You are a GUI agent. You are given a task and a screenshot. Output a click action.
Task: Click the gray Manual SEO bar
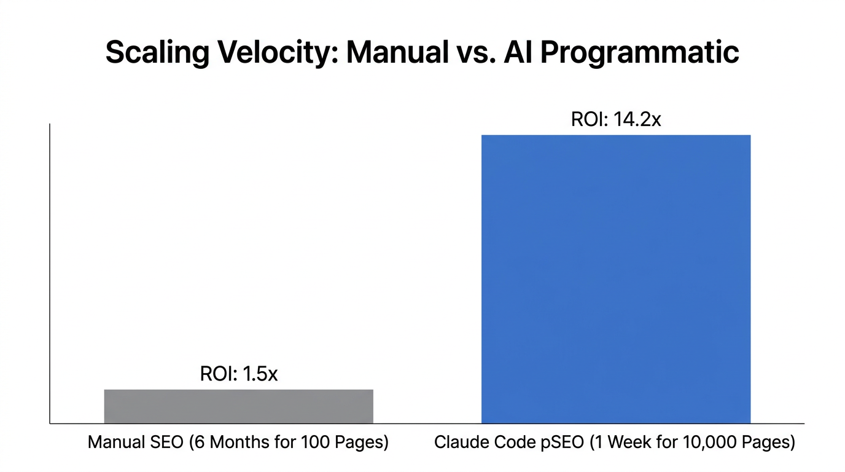238,406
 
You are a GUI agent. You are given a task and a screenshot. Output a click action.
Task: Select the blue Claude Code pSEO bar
615,279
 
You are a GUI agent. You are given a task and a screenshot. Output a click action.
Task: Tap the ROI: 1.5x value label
239,374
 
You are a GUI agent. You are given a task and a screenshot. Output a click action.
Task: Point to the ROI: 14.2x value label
615,119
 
